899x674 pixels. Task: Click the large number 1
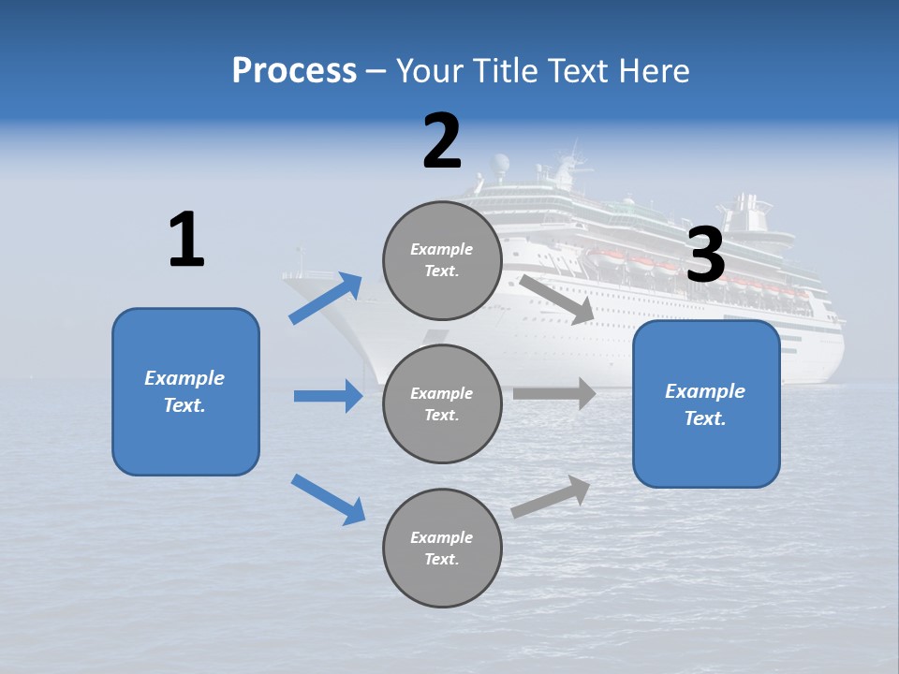[x=186, y=240]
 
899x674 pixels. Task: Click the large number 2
[x=442, y=141]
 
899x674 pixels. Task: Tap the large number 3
[x=706, y=255]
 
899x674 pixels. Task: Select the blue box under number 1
[x=185, y=391]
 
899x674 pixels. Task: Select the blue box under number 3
[x=706, y=403]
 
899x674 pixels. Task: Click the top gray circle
[x=442, y=260]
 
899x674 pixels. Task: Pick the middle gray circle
[x=442, y=403]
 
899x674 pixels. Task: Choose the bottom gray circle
[x=442, y=548]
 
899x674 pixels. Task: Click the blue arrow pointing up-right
[x=326, y=298]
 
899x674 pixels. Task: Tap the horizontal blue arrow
[x=329, y=396]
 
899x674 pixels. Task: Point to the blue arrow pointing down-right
[x=329, y=499]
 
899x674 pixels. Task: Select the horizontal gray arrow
[x=554, y=393]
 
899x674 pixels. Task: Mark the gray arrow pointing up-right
[x=552, y=496]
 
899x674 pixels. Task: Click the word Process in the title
[x=294, y=70]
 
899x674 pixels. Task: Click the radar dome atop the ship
[x=502, y=165]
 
